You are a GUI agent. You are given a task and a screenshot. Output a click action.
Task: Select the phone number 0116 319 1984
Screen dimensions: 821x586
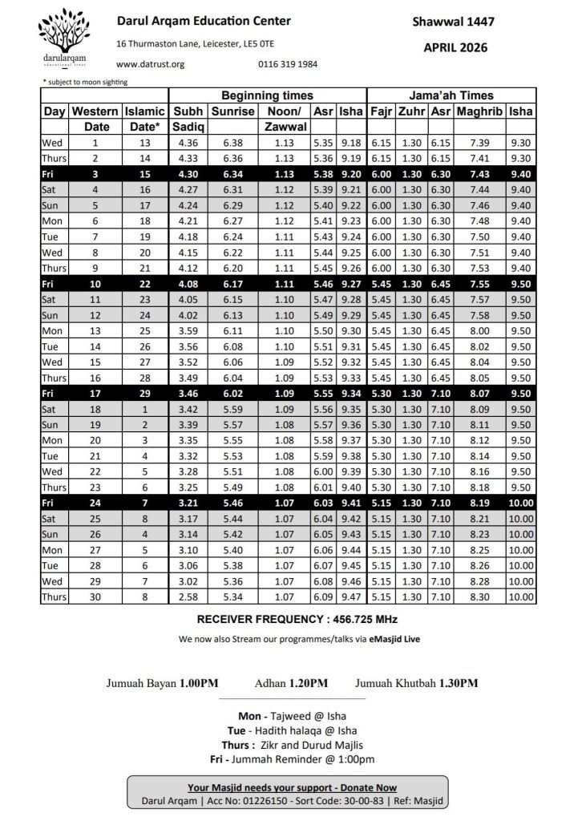pyautogui.click(x=288, y=64)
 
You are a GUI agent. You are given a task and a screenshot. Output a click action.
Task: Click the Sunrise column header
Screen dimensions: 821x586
pyautogui.click(x=233, y=112)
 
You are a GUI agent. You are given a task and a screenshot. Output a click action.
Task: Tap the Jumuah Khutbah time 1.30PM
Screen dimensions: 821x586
pyautogui.click(x=459, y=683)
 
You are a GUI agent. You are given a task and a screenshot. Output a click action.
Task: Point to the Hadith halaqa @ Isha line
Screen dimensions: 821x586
pyautogui.click(x=293, y=730)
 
